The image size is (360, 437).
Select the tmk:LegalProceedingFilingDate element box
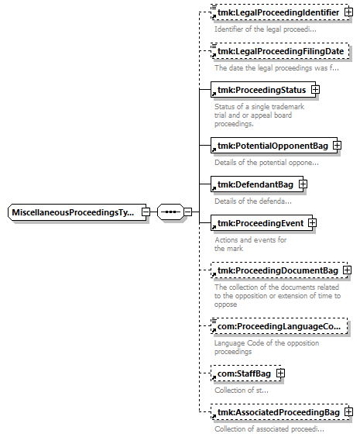(x=279, y=51)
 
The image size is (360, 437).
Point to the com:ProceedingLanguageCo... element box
(x=279, y=326)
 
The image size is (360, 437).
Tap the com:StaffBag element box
(x=246, y=373)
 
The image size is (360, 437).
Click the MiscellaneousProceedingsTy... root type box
(x=77, y=212)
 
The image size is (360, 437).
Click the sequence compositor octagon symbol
(x=170, y=212)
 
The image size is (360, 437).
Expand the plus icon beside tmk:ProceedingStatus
(x=315, y=90)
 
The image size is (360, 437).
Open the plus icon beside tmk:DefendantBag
(x=303, y=184)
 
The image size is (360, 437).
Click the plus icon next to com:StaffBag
(x=281, y=373)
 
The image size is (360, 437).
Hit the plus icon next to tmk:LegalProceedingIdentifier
(x=348, y=12)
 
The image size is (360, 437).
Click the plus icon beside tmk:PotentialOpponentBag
(x=338, y=146)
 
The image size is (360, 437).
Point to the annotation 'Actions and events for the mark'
(x=250, y=244)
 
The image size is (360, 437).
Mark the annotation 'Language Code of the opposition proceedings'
(x=266, y=347)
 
